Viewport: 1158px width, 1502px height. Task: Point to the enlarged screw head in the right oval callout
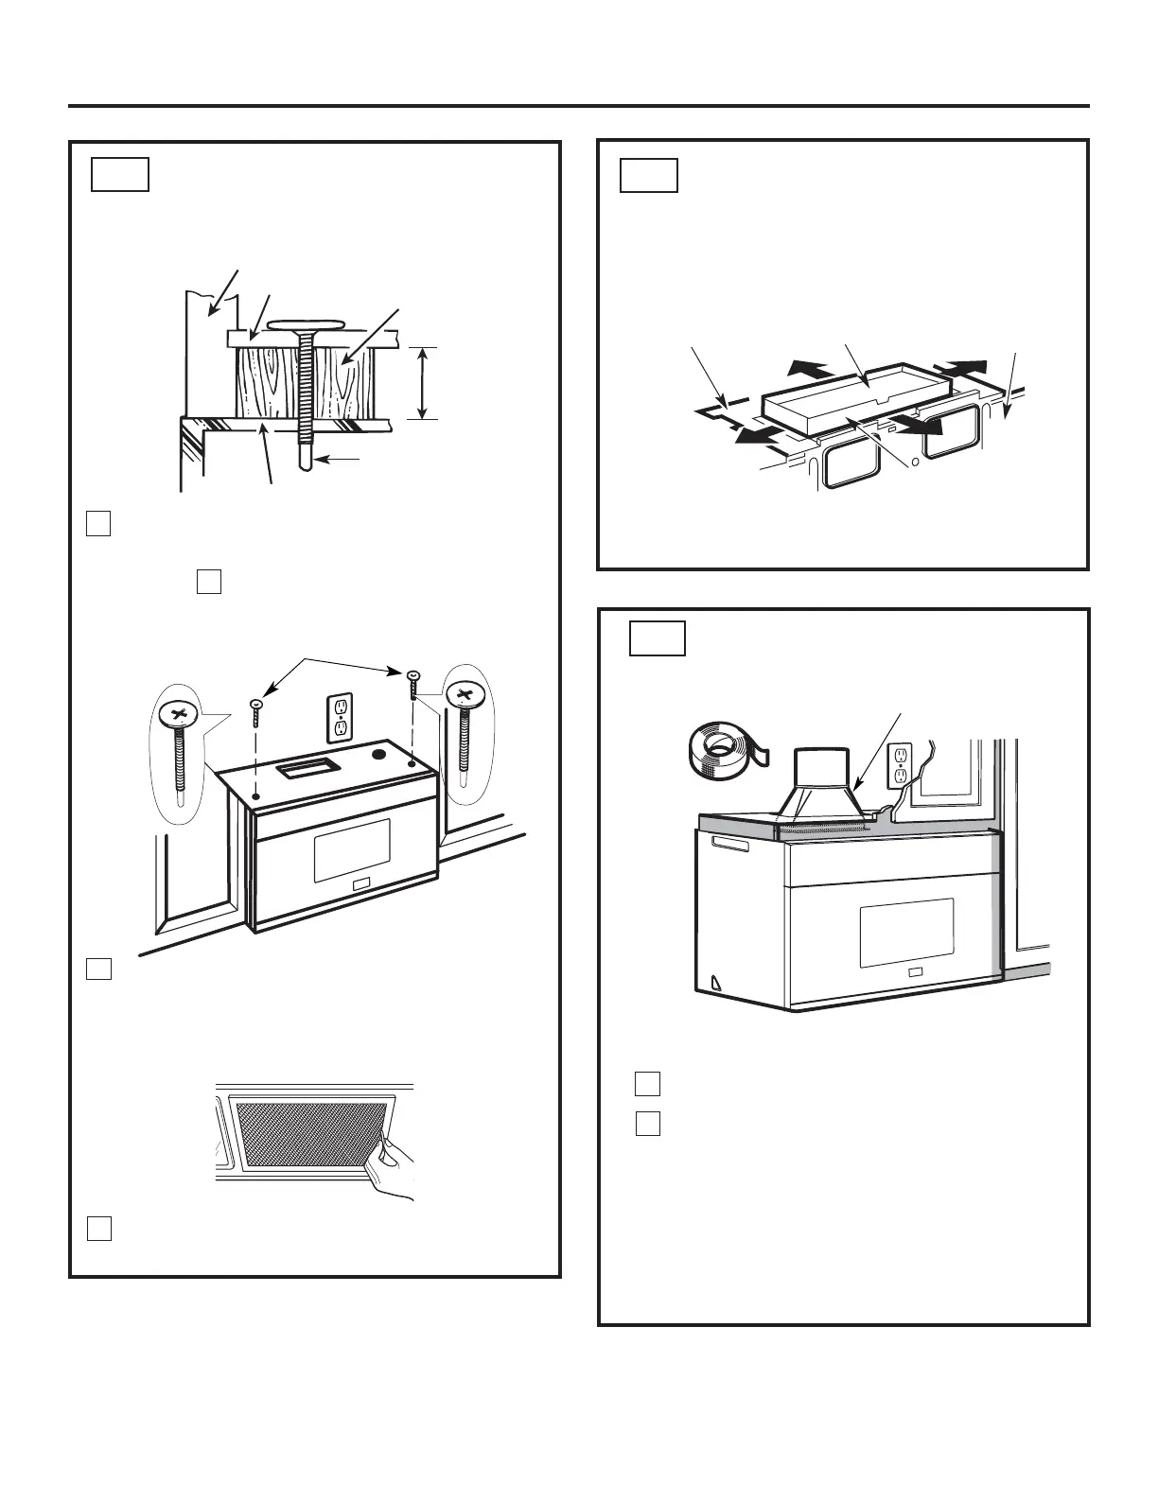465,695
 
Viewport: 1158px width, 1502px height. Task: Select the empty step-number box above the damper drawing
649,176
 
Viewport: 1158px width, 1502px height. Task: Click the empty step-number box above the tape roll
658,638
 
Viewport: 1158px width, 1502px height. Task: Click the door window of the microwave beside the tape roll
905,933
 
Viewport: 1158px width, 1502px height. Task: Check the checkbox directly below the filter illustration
99,1228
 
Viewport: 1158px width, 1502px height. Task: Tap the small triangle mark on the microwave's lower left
716,983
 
